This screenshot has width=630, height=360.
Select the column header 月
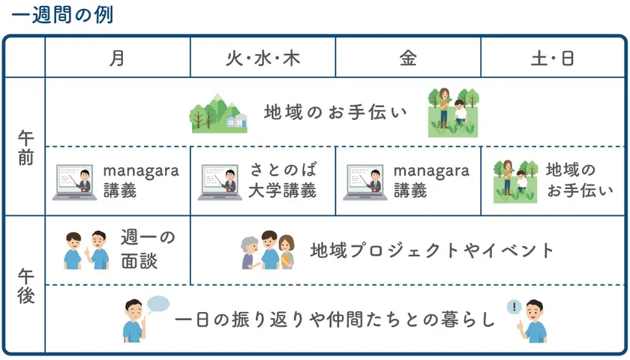(117, 58)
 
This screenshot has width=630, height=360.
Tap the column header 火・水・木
(262, 58)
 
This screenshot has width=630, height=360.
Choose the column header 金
(407, 58)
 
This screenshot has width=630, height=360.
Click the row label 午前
(25, 148)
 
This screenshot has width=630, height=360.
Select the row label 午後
(25, 286)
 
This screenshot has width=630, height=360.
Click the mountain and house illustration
(218, 113)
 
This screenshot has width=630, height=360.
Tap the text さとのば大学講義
(282, 181)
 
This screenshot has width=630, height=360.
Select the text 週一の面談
(148, 250)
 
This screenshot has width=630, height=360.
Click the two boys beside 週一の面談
(85, 250)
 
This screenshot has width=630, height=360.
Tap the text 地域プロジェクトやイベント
(432, 250)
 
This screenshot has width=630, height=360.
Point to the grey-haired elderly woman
(250, 253)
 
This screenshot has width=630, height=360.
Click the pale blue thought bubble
(158, 304)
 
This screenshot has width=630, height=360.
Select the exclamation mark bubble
(513, 307)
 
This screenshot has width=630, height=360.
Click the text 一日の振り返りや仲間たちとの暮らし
(335, 319)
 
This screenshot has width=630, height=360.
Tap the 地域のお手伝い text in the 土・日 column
(579, 181)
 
